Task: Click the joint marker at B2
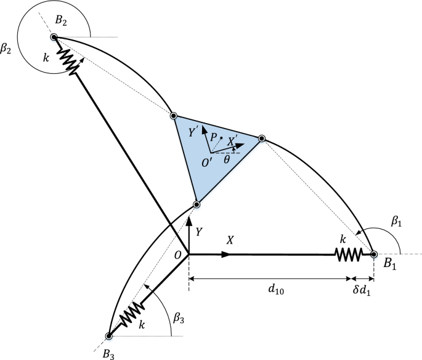tap(54, 38)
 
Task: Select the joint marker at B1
tap(373, 253)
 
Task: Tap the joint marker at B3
tap(109, 336)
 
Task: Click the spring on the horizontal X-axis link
tap(346, 253)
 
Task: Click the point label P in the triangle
tap(213, 138)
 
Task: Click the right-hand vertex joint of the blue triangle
tap(261, 138)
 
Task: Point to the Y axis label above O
tap(198, 232)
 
